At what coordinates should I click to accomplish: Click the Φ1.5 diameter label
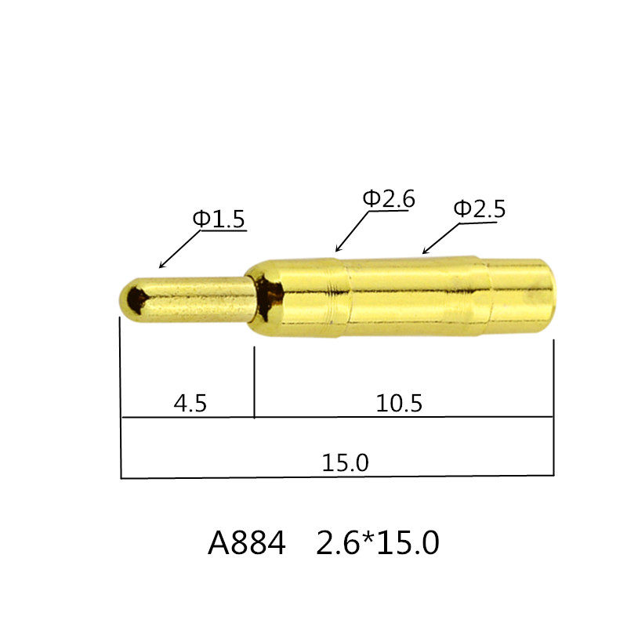[219, 219]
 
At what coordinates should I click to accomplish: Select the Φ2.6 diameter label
[388, 199]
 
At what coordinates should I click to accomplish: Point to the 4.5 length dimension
[190, 404]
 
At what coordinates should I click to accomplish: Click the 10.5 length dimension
[399, 404]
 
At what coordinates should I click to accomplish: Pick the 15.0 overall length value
[345, 462]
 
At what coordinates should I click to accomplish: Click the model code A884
[247, 543]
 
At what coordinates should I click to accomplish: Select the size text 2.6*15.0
[377, 543]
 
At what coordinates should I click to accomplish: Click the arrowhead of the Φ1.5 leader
[161, 266]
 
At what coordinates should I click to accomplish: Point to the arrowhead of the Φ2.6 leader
[337, 251]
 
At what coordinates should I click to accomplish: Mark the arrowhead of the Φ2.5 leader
[424, 253]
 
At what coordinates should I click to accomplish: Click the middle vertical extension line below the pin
[255, 384]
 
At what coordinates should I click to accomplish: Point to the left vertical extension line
[121, 392]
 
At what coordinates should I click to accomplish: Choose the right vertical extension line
[553, 408]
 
